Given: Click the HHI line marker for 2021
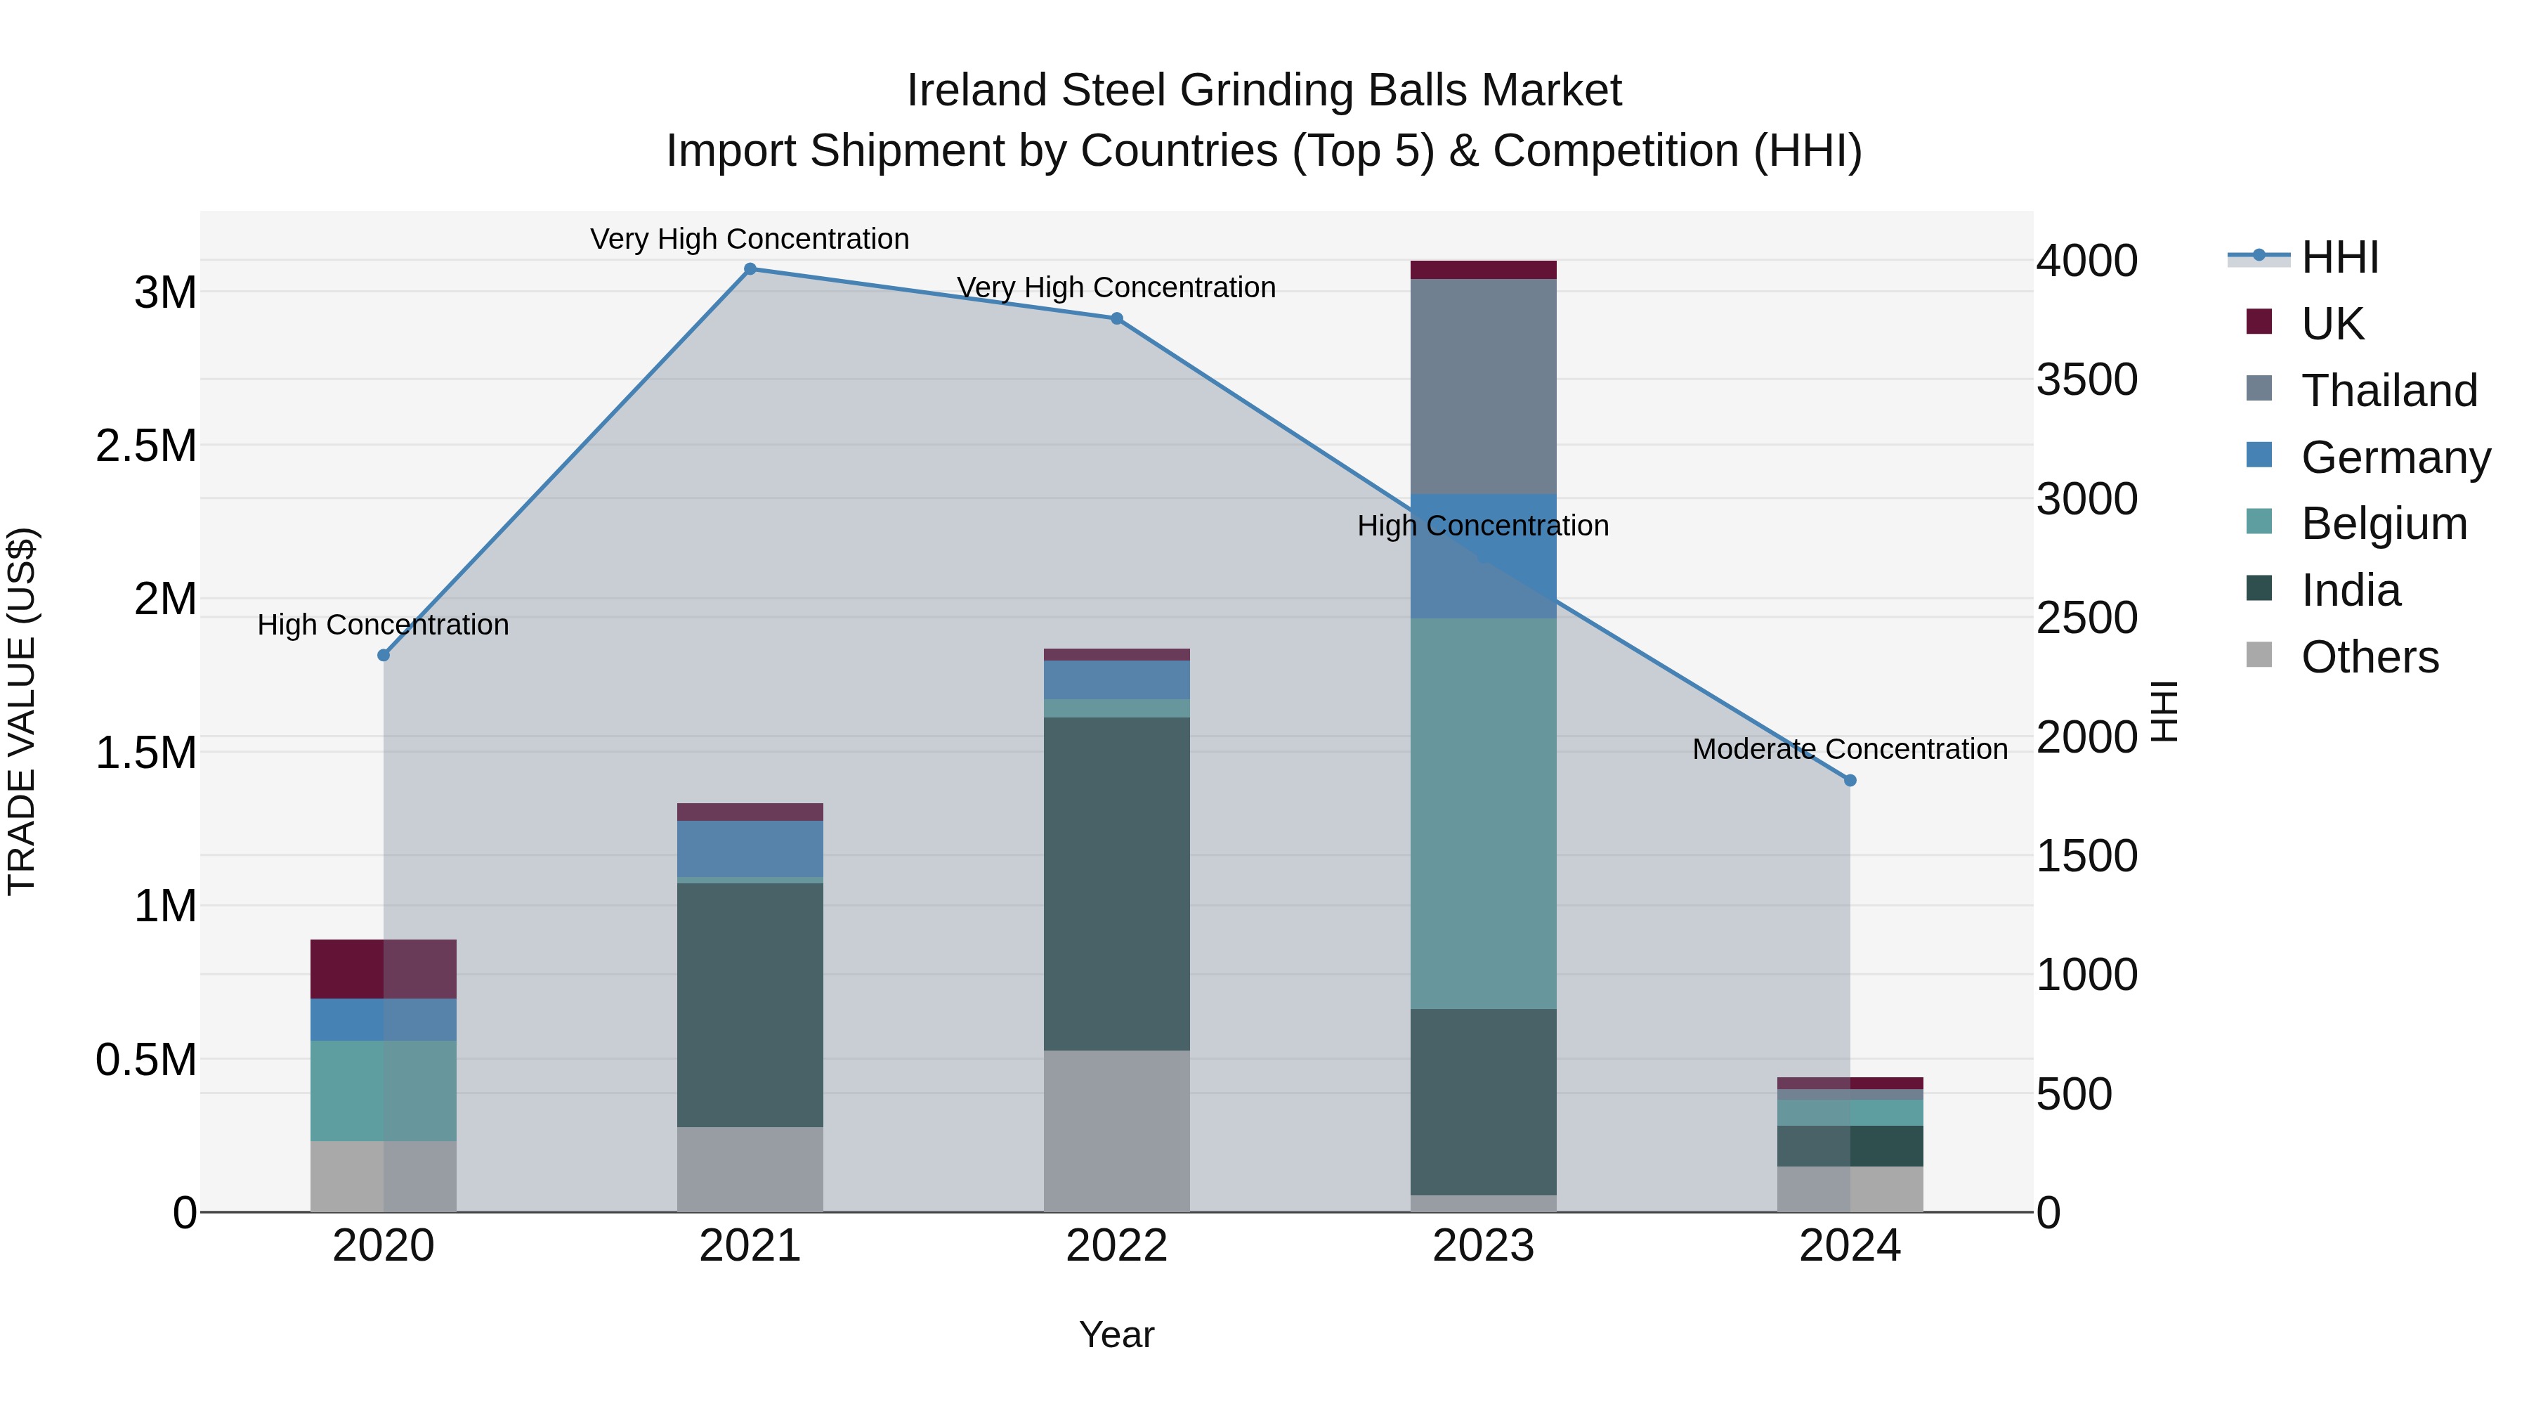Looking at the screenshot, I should coord(750,269).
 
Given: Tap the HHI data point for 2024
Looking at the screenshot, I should coord(1850,781).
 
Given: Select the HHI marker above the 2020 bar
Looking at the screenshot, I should coord(384,655).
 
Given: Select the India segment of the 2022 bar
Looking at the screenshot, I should coord(1116,884).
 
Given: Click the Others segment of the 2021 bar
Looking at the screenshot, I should coord(750,1169).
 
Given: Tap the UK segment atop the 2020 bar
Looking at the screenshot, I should coord(384,968).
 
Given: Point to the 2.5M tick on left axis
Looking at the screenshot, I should coord(146,446).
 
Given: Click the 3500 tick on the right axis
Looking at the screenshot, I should coord(2086,380).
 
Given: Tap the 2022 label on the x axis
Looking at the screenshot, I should coord(1116,1246).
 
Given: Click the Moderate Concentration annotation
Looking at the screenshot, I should coord(1850,749).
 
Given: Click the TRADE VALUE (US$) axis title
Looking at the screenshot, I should coord(22,711).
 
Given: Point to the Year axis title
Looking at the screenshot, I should coord(1116,1334).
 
